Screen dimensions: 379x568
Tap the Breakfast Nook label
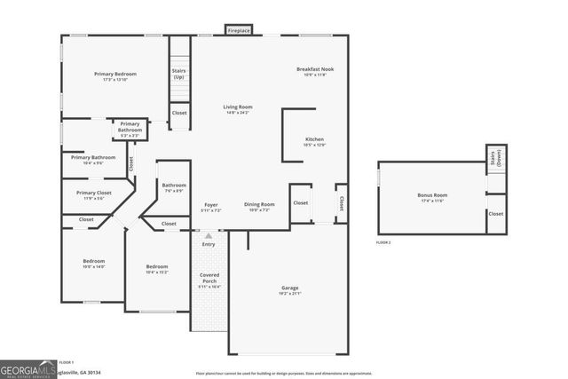point(314,69)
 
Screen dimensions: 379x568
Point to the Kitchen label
point(315,139)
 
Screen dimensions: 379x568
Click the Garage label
point(289,288)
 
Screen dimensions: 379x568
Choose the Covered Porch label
point(209,278)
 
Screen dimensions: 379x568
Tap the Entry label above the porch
point(209,244)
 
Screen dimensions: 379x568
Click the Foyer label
point(211,204)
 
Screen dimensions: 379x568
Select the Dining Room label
point(259,204)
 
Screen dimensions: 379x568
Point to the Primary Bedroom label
point(115,74)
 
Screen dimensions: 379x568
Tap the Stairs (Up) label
point(178,74)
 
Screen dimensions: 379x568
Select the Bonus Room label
point(432,194)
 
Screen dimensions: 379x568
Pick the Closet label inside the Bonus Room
point(496,213)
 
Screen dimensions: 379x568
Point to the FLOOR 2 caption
point(383,241)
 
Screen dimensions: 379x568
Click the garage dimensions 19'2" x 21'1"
point(289,294)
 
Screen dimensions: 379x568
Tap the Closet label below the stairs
point(179,113)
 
